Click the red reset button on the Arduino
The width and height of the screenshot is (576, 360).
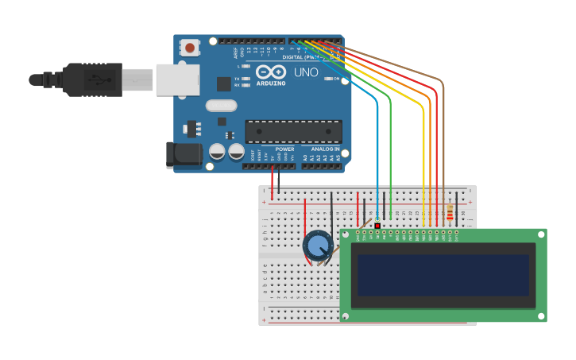click(x=190, y=48)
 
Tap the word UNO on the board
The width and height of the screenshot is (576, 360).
click(x=306, y=72)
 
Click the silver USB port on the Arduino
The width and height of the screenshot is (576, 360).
click(x=176, y=79)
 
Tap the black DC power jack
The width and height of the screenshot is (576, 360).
click(x=184, y=155)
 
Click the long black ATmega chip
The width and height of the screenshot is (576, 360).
click(x=293, y=132)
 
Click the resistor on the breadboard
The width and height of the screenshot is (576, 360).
click(x=450, y=212)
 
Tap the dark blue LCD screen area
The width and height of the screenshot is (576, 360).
click(x=443, y=274)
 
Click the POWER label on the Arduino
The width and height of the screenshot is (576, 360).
click(x=284, y=149)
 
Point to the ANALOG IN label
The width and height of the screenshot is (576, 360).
click(x=325, y=149)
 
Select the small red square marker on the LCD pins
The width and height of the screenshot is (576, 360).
click(x=377, y=226)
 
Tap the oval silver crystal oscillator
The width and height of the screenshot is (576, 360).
click(x=221, y=106)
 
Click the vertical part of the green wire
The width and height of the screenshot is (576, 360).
click(x=390, y=159)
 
